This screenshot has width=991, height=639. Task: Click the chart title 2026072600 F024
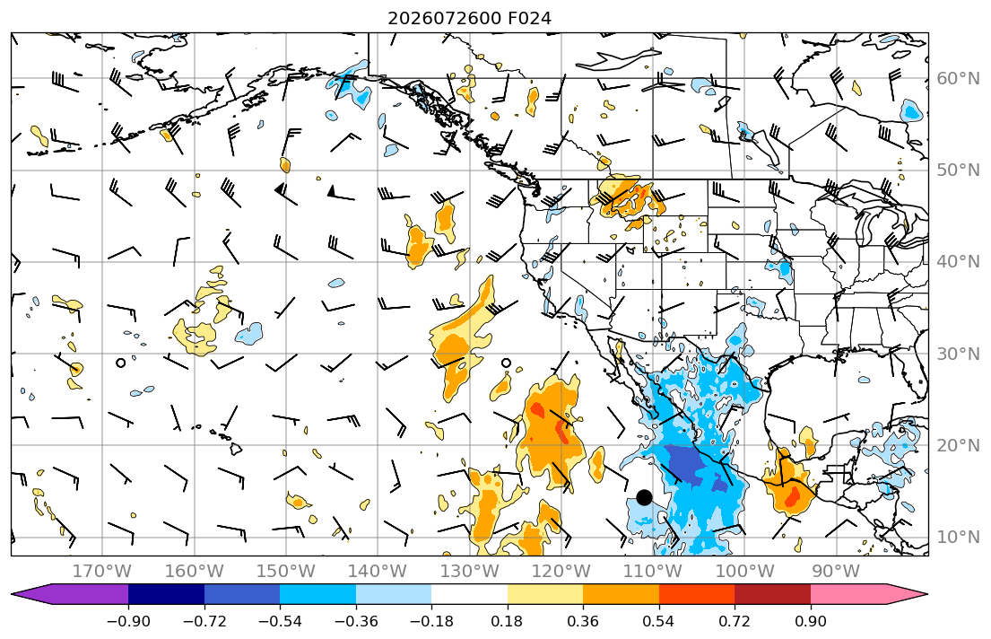pyautogui.click(x=469, y=18)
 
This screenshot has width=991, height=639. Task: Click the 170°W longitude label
pyautogui.click(x=102, y=572)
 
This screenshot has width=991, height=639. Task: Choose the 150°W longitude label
pyautogui.click(x=286, y=572)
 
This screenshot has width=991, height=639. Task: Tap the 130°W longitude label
pyautogui.click(x=470, y=572)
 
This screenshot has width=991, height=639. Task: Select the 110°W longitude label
pyautogui.click(x=653, y=572)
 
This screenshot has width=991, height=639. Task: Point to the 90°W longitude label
pyautogui.click(x=836, y=572)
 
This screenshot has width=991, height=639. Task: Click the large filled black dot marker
pyautogui.click(x=644, y=498)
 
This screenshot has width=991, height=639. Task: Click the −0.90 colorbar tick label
pyautogui.click(x=128, y=621)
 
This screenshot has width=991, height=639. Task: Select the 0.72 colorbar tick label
pyautogui.click(x=735, y=621)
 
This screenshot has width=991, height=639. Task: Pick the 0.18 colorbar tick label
pyautogui.click(x=507, y=621)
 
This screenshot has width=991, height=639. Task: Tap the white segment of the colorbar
pyautogui.click(x=470, y=594)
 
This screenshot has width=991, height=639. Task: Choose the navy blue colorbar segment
pyautogui.click(x=166, y=594)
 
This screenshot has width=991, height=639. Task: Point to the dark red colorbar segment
pyautogui.click(x=773, y=594)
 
